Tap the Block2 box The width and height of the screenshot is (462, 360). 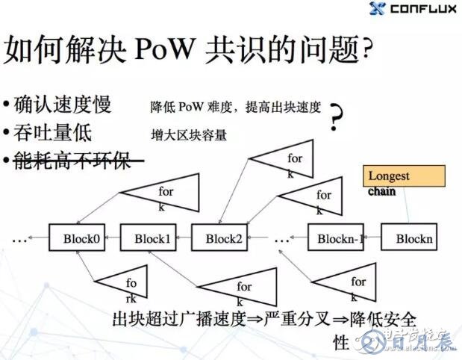tap(219, 238)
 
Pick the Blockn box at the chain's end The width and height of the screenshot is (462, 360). tap(409, 239)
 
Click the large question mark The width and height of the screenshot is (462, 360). tap(339, 117)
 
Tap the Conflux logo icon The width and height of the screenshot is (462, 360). tap(378, 10)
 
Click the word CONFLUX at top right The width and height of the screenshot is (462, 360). tap(423, 10)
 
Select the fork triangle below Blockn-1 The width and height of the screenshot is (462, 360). tap(347, 283)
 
